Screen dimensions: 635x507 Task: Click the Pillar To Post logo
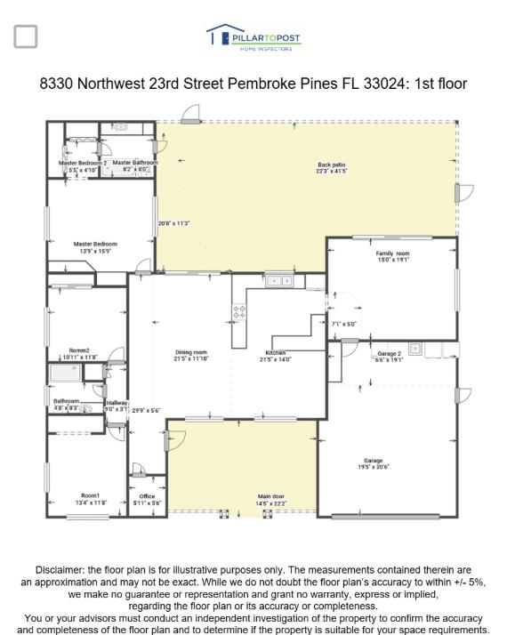point(253,37)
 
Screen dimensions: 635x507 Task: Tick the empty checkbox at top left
point(26,36)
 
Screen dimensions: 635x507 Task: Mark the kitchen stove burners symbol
point(238,312)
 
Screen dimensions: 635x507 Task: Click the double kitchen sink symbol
point(281,281)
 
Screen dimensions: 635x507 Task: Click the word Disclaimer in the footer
point(63,569)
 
